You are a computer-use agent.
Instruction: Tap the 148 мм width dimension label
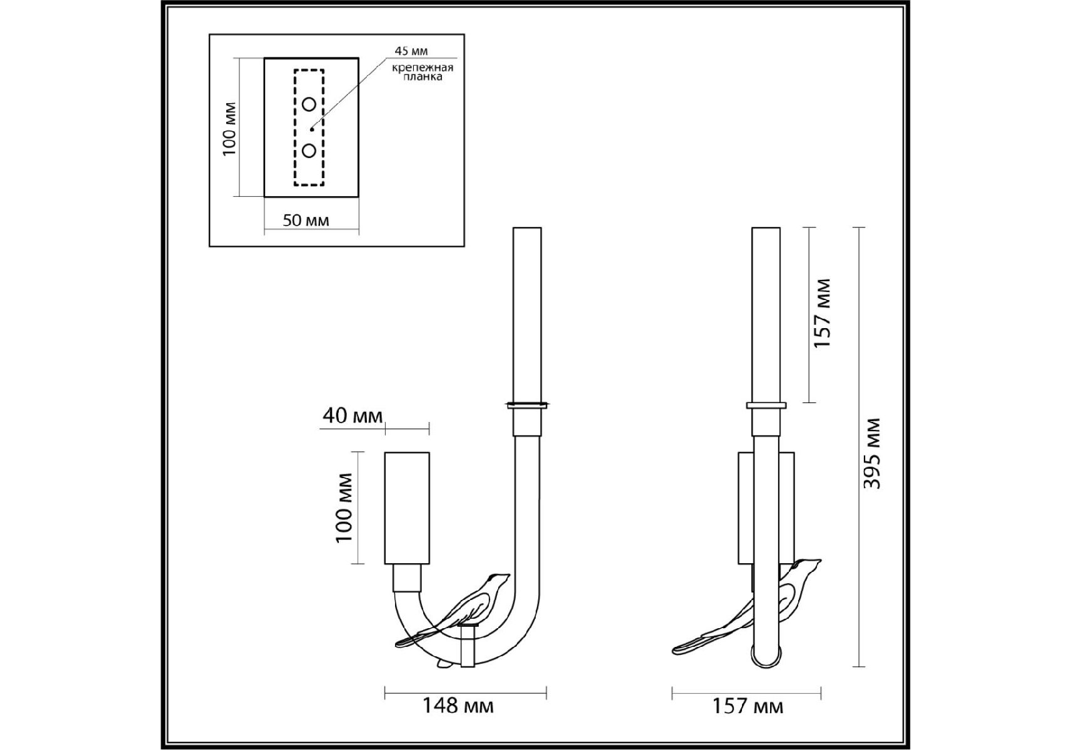pos(458,706)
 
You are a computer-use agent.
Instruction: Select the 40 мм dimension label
pos(353,415)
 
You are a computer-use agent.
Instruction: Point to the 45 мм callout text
pos(411,51)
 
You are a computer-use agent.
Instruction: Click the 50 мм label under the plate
pos(306,220)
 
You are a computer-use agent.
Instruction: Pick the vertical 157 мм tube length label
pos(823,313)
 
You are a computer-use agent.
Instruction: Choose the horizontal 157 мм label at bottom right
pos(748,706)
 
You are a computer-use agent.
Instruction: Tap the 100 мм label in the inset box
pos(229,129)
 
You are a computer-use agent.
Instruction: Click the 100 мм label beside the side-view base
pos(344,508)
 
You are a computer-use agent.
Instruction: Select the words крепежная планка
pos(423,72)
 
